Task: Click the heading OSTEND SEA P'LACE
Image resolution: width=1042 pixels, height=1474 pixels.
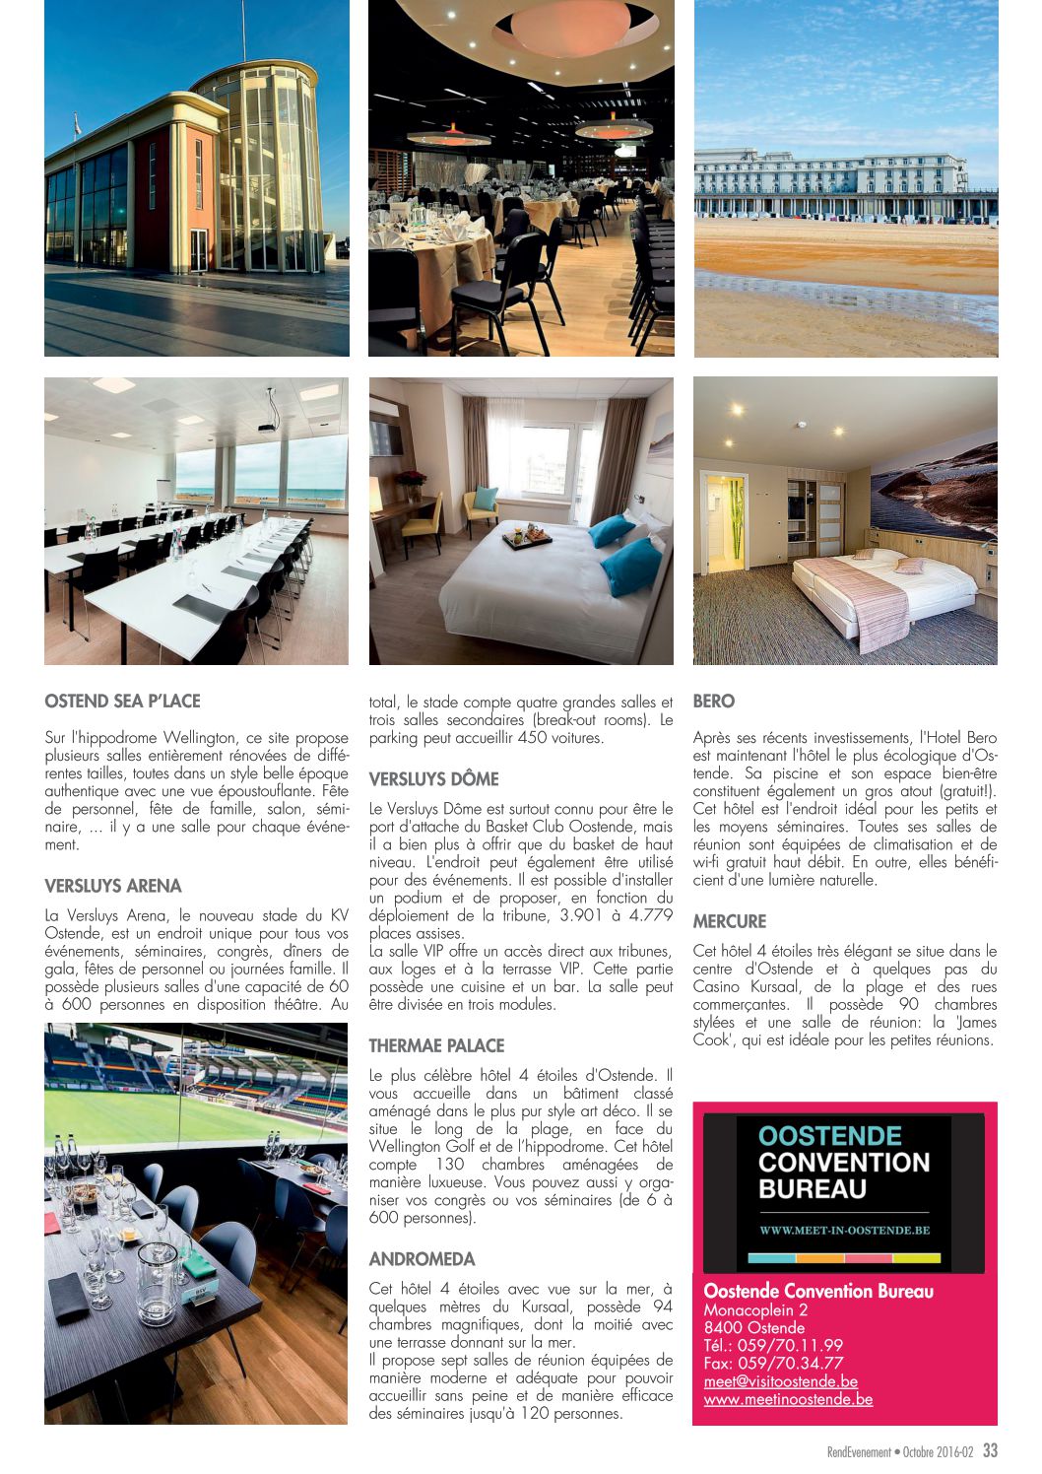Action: click(122, 702)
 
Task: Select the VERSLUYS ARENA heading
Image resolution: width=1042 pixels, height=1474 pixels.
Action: click(113, 886)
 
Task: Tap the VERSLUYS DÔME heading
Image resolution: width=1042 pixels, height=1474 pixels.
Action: click(433, 779)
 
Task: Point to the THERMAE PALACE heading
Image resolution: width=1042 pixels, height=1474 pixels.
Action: click(436, 1045)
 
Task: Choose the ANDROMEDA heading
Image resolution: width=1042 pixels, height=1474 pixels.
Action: click(422, 1259)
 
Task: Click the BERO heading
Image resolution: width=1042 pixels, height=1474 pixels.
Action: click(714, 702)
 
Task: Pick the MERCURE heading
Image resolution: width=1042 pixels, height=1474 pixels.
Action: click(729, 921)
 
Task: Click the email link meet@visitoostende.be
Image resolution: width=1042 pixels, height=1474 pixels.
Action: click(780, 1381)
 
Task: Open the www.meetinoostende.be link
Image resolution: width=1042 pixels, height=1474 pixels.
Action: click(788, 1399)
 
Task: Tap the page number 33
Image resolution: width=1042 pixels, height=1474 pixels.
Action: click(990, 1450)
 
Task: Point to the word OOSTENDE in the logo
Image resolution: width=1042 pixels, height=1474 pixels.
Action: click(830, 1136)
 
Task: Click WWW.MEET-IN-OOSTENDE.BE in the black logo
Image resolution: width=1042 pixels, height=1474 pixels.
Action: click(844, 1230)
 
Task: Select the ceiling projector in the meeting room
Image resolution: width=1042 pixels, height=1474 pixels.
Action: click(268, 426)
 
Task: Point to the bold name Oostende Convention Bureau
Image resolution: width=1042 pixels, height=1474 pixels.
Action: click(818, 1291)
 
